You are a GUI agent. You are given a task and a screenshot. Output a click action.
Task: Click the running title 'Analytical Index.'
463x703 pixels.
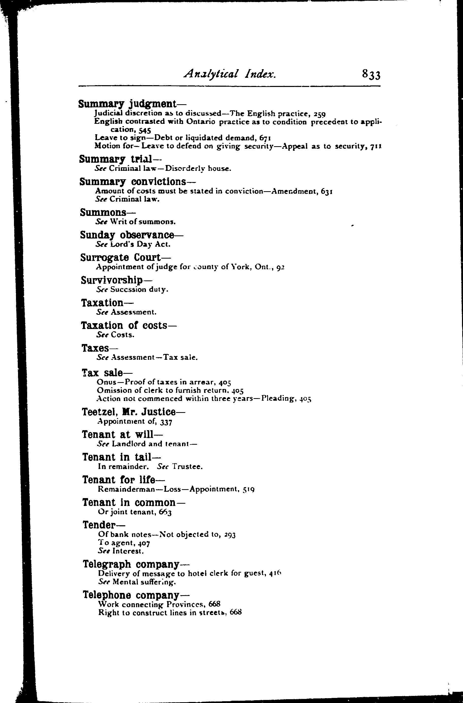[229, 74]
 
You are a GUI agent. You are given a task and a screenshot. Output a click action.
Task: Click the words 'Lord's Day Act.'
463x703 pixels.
[140, 245]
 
